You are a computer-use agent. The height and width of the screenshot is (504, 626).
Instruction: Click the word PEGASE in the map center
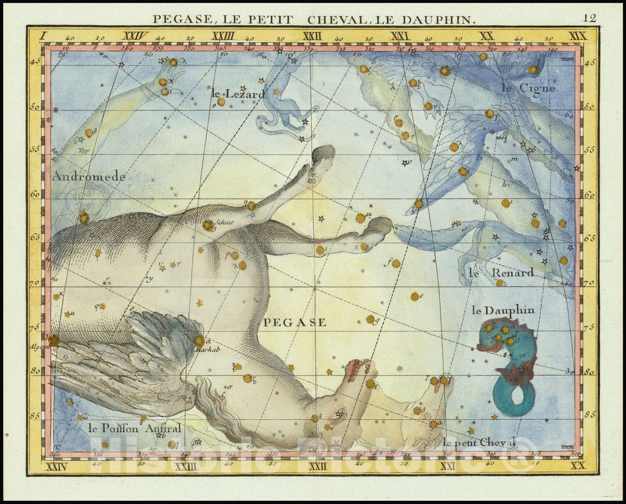point(294,322)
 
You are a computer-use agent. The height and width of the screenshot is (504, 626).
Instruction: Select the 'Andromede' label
point(88,177)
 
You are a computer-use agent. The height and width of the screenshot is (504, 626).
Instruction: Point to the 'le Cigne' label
point(528,88)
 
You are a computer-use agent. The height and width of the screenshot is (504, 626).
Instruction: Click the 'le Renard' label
point(501,273)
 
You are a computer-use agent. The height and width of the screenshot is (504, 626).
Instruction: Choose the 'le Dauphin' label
point(503,311)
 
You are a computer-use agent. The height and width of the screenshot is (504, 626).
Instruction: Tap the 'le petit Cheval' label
point(480,442)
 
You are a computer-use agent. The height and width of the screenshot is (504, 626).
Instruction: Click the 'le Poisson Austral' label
point(132,428)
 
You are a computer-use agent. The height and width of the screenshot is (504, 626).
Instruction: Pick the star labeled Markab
point(199,341)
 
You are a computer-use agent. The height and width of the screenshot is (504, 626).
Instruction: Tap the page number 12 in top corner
point(589,18)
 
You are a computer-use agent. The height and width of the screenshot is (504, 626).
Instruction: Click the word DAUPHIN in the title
point(442,19)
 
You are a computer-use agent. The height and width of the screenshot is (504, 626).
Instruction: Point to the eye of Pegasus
point(338,414)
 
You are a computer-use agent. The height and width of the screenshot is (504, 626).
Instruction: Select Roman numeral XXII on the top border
point(312,37)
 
